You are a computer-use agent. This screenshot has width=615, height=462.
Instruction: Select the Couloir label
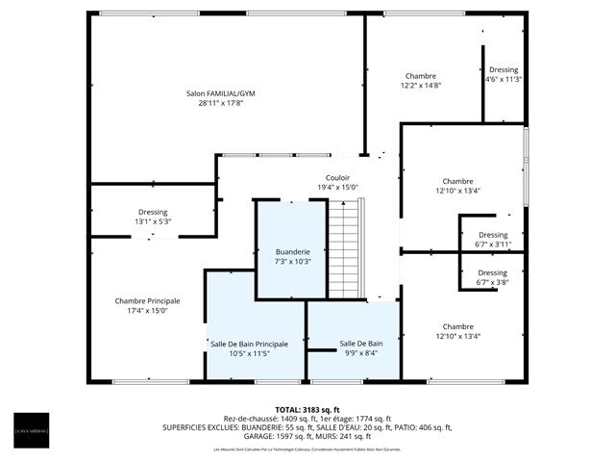click(x=337, y=177)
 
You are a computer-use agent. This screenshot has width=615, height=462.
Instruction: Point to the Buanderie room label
click(x=292, y=251)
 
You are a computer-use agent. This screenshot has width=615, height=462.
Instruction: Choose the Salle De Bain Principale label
click(x=256, y=344)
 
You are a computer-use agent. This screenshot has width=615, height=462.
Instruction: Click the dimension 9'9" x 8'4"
click(x=360, y=353)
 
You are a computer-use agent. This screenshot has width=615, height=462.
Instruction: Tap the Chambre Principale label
click(x=147, y=301)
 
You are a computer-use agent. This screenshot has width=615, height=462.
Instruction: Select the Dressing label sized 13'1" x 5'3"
click(x=152, y=212)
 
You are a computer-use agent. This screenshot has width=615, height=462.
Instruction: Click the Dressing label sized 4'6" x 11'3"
click(x=504, y=70)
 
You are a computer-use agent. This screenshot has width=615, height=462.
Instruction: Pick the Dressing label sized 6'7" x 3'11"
click(x=492, y=236)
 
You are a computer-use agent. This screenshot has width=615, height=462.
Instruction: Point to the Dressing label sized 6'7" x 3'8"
click(x=492, y=273)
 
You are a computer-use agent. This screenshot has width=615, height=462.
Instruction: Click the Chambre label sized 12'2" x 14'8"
click(x=420, y=76)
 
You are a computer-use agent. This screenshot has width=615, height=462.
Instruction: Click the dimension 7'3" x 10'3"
click(x=292, y=261)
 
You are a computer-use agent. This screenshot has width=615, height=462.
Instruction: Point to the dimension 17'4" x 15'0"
click(x=147, y=311)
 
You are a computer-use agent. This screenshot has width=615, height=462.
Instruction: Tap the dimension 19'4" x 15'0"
click(x=337, y=187)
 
